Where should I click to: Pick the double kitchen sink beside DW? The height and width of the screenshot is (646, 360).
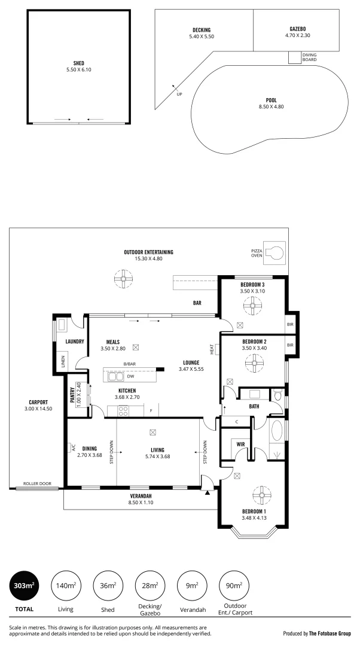pos(115,377)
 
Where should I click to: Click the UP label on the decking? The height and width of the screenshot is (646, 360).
pos(179,93)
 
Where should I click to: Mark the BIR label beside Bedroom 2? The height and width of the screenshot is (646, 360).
pos(291,345)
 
